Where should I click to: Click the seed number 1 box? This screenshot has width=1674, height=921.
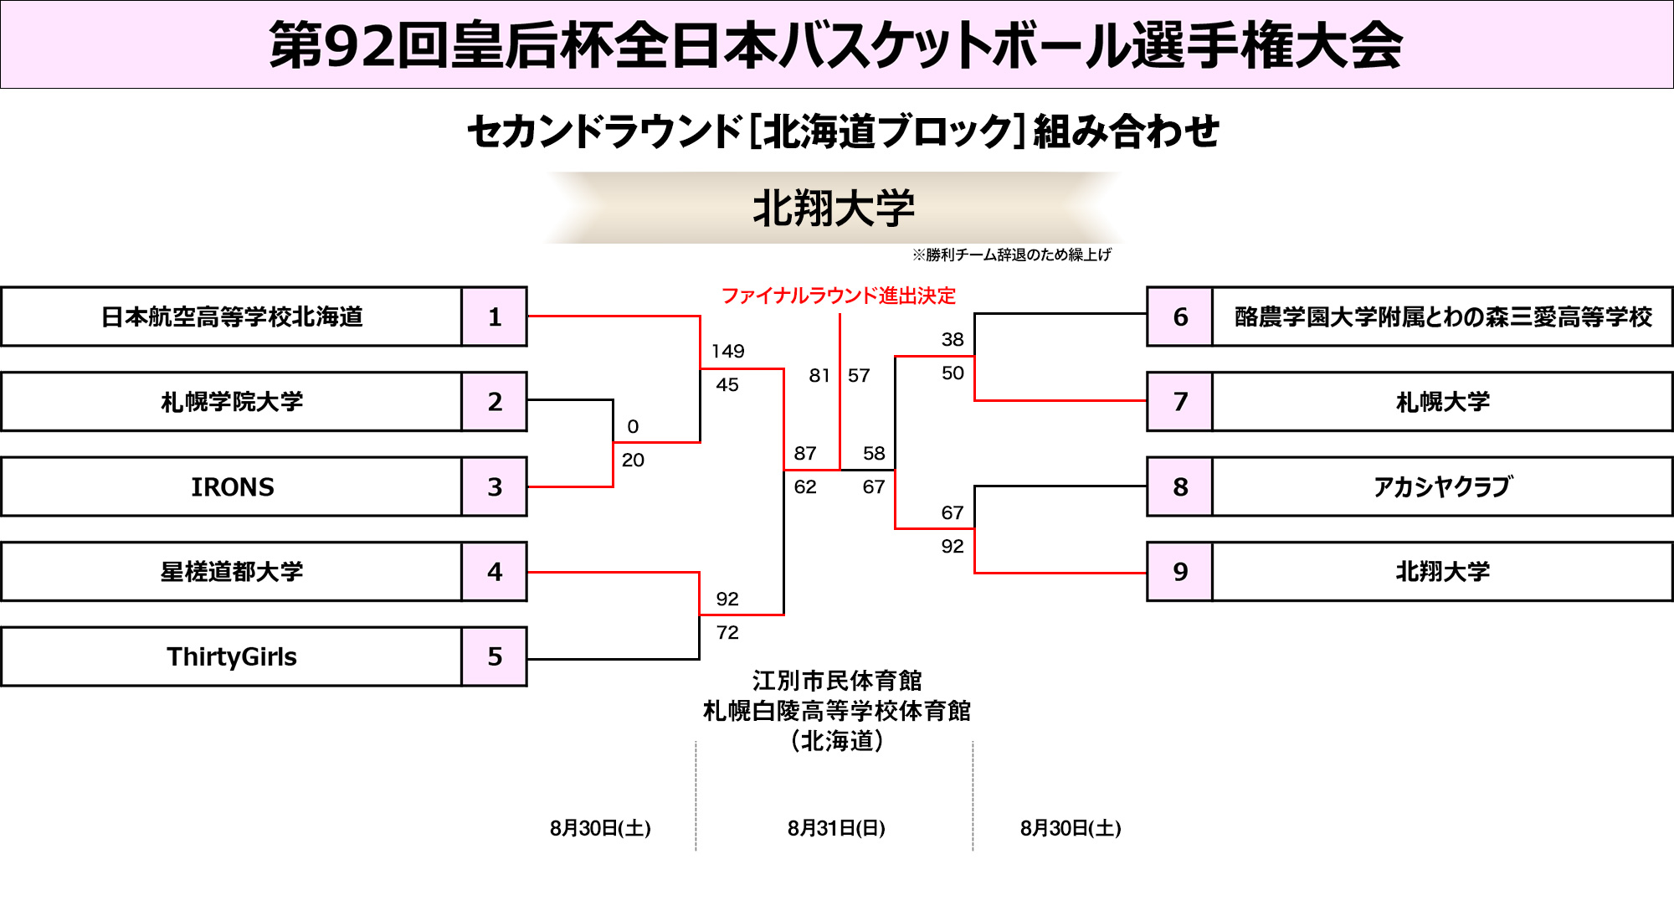(x=495, y=316)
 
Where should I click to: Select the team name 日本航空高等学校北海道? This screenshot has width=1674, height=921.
(x=232, y=316)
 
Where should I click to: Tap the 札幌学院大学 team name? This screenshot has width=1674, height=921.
(x=232, y=402)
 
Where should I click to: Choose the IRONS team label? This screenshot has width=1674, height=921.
(x=232, y=486)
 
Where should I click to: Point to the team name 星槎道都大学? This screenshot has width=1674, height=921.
(x=232, y=572)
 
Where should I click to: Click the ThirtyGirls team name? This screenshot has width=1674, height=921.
(x=232, y=656)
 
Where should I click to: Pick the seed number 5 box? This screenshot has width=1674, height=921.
(x=495, y=656)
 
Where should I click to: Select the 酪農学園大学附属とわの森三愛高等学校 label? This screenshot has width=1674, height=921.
(x=1442, y=316)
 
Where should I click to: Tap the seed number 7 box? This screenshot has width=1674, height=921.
(x=1180, y=402)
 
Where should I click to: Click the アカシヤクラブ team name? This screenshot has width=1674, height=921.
(x=1442, y=486)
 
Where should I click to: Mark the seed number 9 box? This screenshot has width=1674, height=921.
(x=1180, y=572)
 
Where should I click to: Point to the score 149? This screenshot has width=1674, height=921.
(x=727, y=352)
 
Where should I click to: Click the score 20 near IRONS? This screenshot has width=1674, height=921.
(x=633, y=460)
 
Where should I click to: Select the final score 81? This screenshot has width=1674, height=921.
(x=819, y=376)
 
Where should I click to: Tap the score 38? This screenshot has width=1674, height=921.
(x=953, y=339)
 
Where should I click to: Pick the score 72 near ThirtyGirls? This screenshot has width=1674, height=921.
(x=727, y=633)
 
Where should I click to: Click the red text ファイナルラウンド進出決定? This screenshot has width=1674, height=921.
(x=838, y=296)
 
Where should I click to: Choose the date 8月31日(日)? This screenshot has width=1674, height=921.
(x=836, y=828)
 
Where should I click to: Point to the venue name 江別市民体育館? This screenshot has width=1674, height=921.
(x=837, y=681)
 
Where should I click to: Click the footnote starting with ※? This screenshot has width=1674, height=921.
(x=1011, y=255)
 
